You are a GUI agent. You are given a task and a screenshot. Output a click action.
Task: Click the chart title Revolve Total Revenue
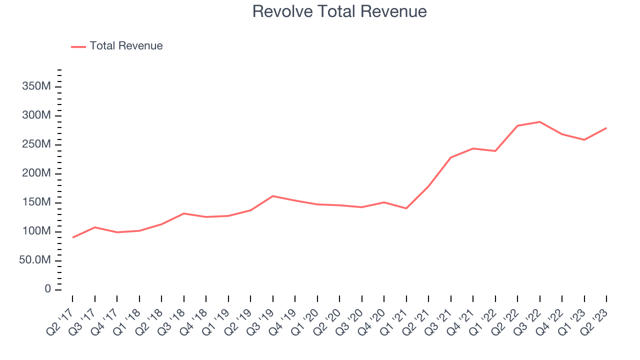pyautogui.click(x=339, y=11)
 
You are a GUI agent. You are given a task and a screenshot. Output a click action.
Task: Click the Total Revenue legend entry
pyautogui.click(x=117, y=46)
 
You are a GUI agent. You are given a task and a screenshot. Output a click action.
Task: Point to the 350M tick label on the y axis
pyautogui.click(x=36, y=86)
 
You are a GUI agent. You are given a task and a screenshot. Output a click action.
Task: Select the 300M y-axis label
pyautogui.click(x=36, y=115)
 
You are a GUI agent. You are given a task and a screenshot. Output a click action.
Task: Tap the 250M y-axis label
pyautogui.click(x=36, y=144)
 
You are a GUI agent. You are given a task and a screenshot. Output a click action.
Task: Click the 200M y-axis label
pyautogui.click(x=36, y=173)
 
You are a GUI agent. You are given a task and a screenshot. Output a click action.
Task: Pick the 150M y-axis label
pyautogui.click(x=36, y=202)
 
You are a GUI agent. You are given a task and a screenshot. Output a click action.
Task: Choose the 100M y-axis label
pyautogui.click(x=36, y=231)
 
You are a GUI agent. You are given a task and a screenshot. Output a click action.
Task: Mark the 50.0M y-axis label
pyautogui.click(x=35, y=260)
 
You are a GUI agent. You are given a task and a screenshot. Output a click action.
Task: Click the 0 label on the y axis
pyautogui.click(x=47, y=289)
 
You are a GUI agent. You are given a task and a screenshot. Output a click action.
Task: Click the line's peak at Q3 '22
pyautogui.click(x=539, y=122)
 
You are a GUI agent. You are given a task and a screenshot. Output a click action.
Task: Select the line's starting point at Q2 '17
pyautogui.click(x=73, y=237)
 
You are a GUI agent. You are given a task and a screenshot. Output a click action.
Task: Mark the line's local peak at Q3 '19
pyautogui.click(x=273, y=196)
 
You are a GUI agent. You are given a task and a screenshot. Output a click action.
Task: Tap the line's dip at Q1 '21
pyautogui.click(x=406, y=208)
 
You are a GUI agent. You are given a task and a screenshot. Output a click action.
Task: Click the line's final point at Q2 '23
pyautogui.click(x=606, y=128)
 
